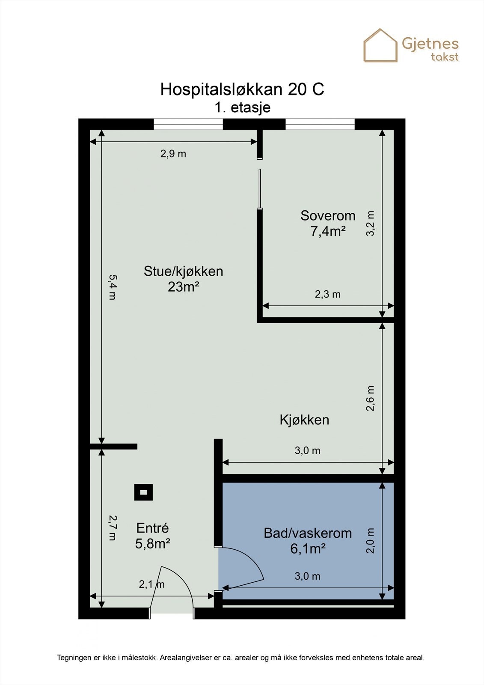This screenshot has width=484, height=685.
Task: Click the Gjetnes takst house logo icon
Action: click(380, 45)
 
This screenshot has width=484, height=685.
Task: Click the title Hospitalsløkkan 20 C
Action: click(242, 89)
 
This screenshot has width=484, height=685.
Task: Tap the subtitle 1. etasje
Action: click(242, 107)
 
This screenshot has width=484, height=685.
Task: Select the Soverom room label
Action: click(328, 215)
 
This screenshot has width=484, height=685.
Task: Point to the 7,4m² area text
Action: click(328, 231)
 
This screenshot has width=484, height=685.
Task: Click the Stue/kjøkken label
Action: click(183, 271)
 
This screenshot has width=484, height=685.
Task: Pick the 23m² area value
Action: click(183, 287)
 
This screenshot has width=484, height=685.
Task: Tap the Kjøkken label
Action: click(304, 420)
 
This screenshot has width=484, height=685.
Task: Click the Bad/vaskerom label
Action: click(307, 533)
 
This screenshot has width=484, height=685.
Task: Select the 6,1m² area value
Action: click(308, 548)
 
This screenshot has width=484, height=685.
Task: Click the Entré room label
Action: click(152, 528)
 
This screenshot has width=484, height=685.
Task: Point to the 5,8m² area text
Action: click(153, 544)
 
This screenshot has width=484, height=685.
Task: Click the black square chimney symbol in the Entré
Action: click(143, 492)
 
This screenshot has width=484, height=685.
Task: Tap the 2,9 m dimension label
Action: click(173, 154)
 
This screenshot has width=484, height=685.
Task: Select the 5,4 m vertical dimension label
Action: click(112, 287)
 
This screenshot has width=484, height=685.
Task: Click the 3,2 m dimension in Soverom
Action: click(370, 223)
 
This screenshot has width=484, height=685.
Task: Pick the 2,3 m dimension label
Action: click(328, 294)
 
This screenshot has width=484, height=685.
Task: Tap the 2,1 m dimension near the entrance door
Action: click(151, 584)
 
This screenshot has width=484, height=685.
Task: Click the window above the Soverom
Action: click(320, 124)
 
